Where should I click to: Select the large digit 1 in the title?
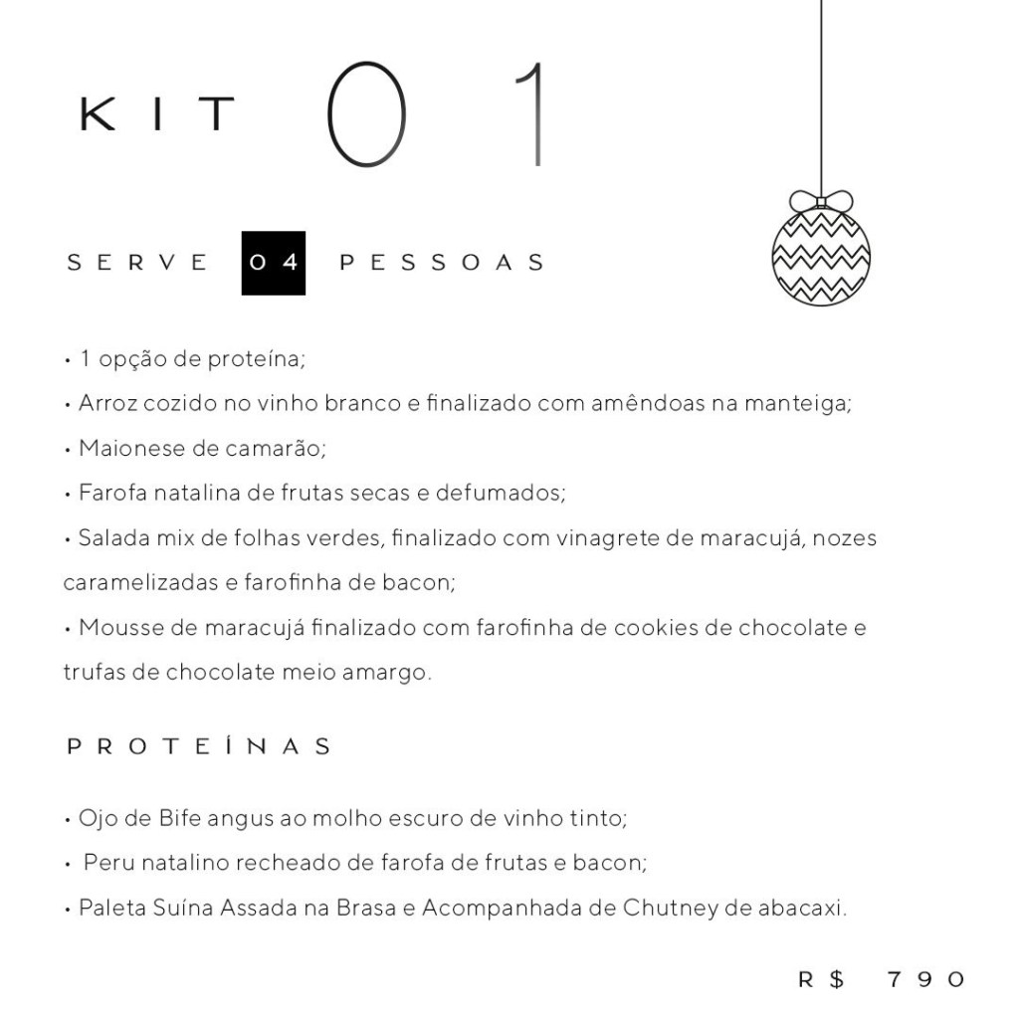532,114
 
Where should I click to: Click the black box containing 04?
274,263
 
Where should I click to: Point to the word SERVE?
137,263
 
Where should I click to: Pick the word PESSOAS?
443,263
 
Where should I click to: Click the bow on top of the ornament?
821,200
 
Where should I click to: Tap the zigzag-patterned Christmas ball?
821,256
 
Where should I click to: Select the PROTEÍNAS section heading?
198,746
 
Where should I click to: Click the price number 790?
925,979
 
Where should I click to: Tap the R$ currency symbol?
822,979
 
